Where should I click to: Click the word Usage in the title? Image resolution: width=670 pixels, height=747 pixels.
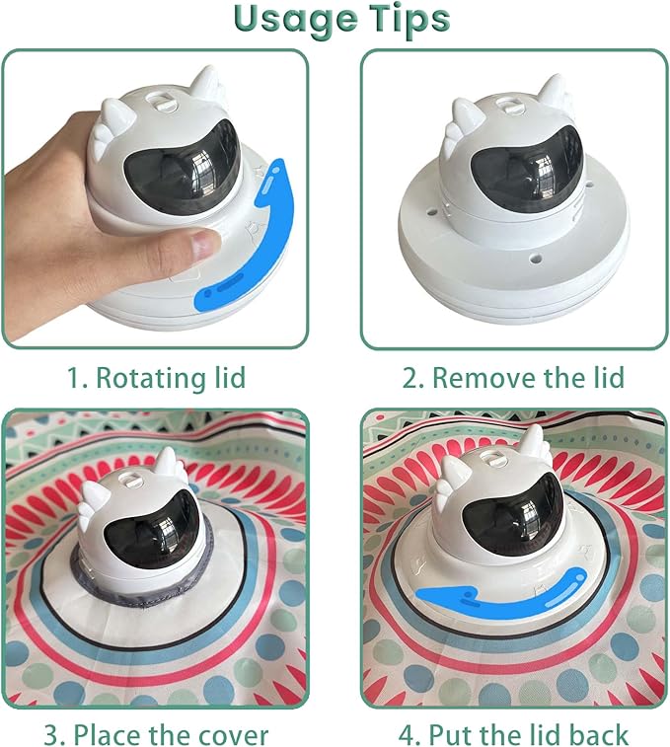295,19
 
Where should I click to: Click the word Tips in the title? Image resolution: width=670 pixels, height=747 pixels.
410,18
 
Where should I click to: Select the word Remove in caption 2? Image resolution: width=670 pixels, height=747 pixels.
483,378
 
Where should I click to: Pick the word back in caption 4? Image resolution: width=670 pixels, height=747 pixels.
597,734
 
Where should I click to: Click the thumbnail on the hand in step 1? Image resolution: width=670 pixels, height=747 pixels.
203,244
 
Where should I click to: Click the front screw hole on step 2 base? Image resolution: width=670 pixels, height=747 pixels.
536,260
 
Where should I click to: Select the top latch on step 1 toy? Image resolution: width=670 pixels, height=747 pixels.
161,102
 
